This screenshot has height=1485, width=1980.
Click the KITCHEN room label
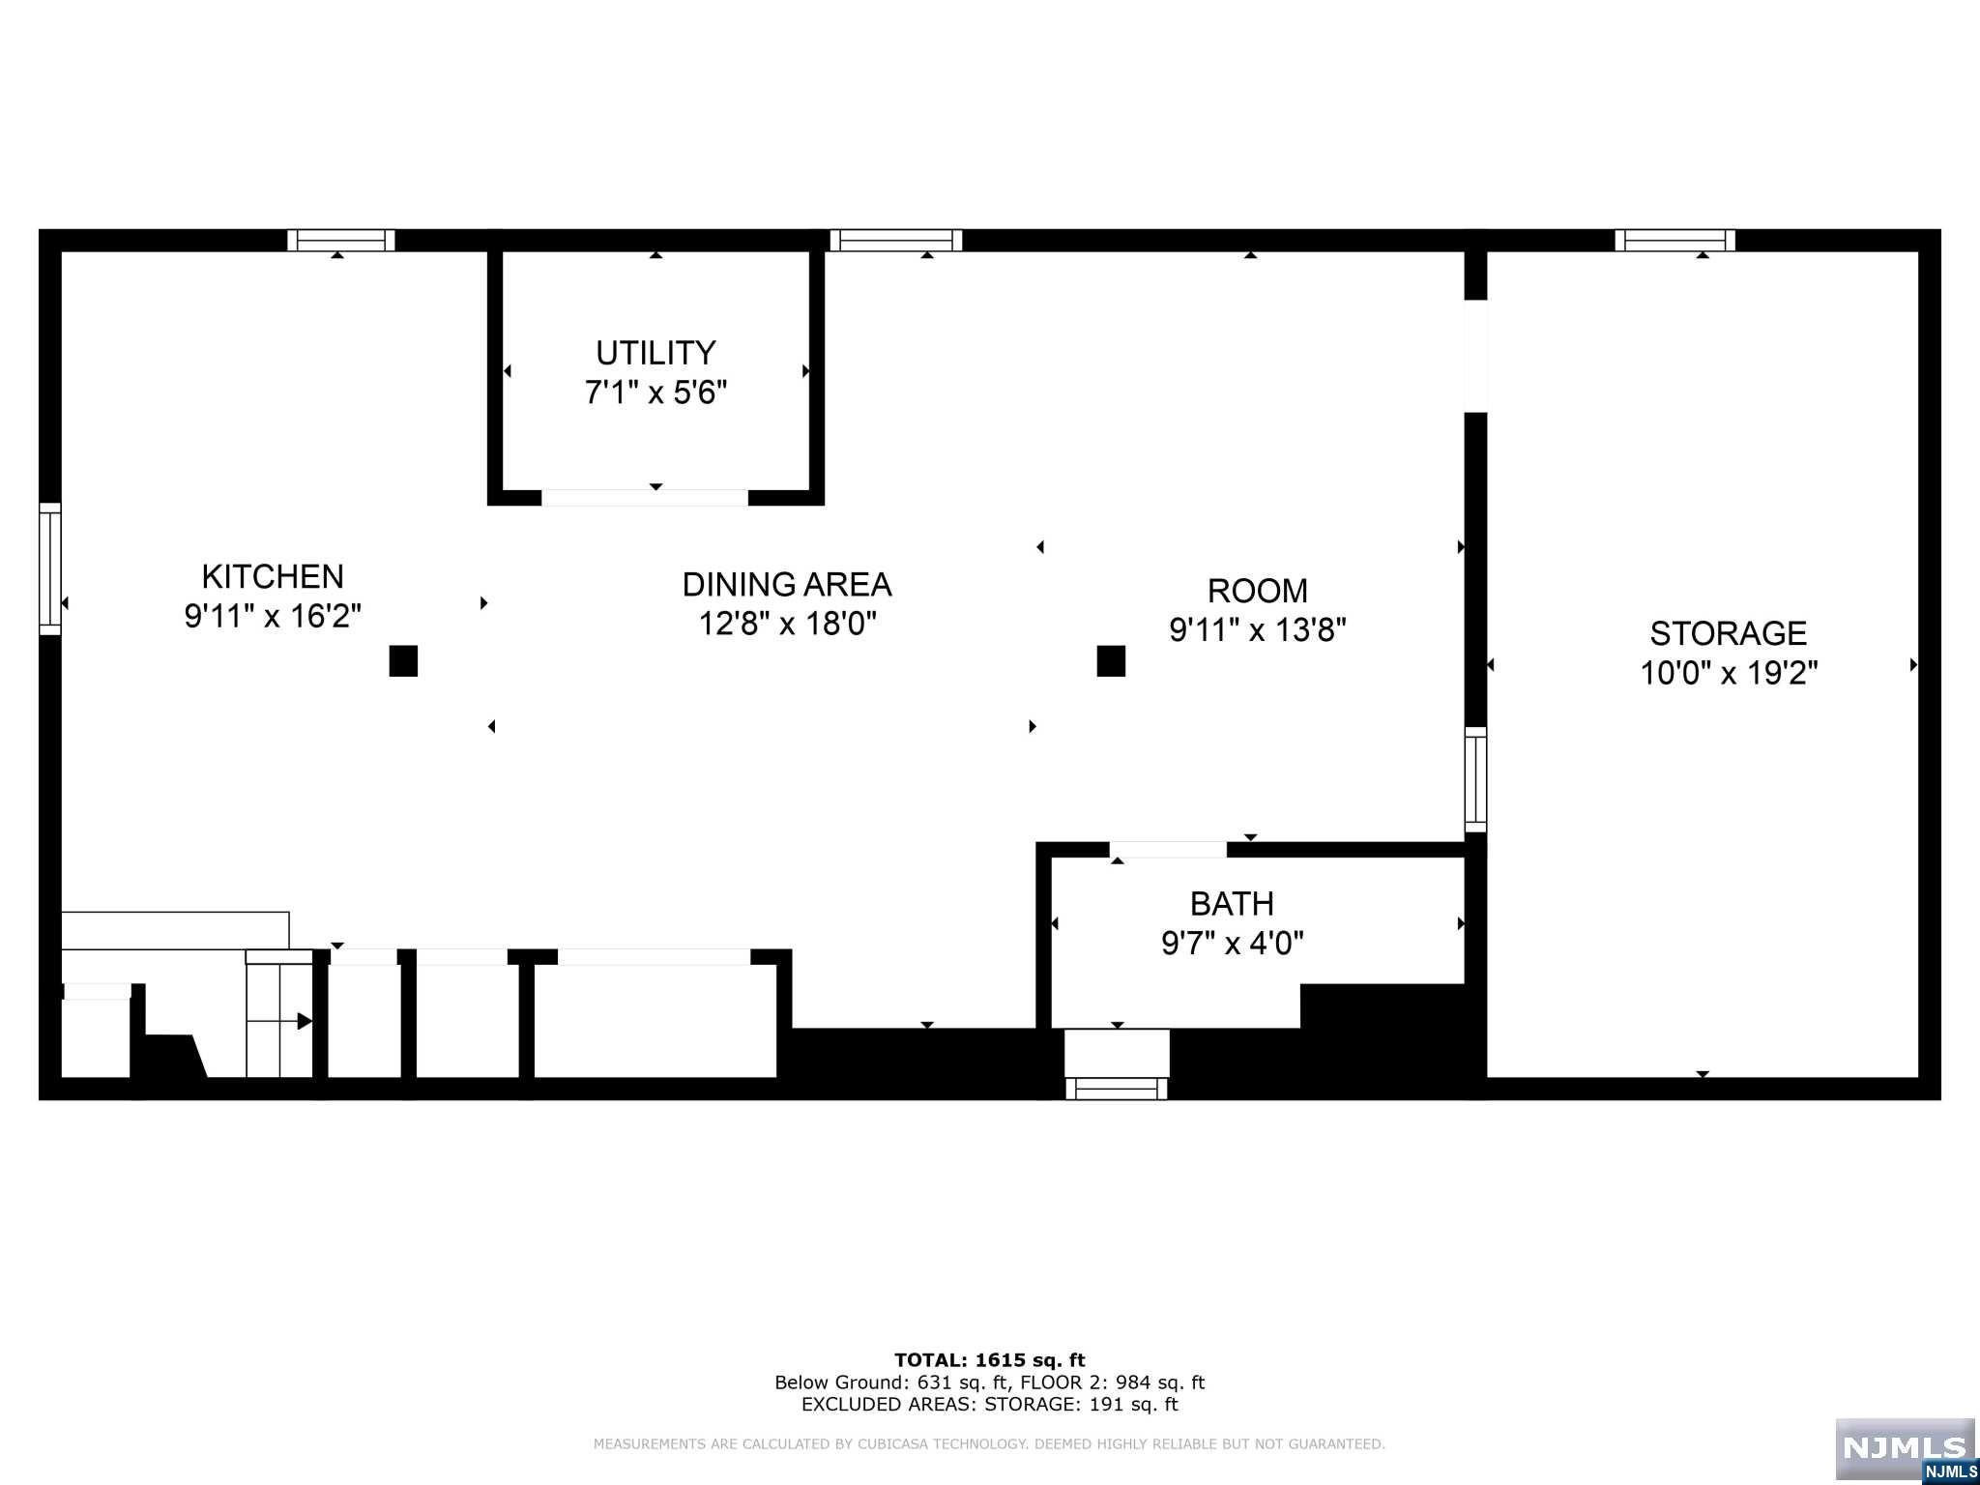click(x=273, y=576)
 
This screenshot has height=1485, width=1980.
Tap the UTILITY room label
click(x=655, y=353)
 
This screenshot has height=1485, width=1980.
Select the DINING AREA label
click(x=787, y=585)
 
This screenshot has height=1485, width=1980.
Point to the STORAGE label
click(x=1729, y=633)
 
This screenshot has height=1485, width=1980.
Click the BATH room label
click(x=1232, y=904)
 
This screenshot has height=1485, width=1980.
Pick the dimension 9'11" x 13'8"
click(x=1258, y=630)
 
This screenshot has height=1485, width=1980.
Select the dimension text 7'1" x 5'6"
click(x=655, y=393)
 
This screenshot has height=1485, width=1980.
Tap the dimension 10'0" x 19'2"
click(x=1729, y=673)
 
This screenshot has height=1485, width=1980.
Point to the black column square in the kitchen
click(x=403, y=661)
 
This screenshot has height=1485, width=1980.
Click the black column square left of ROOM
click(x=1111, y=661)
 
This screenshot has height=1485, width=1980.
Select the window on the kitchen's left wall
click(x=49, y=569)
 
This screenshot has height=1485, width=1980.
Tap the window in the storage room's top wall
click(x=1675, y=240)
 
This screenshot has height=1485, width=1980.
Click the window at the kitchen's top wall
click(x=341, y=240)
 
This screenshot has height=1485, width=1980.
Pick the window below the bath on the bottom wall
click(x=1117, y=1089)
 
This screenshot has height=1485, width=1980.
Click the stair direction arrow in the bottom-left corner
click(x=280, y=1021)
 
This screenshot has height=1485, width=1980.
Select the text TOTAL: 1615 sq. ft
click(x=990, y=1360)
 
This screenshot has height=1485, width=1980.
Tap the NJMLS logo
click(x=1905, y=1449)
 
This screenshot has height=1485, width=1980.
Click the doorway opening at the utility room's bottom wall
click(x=645, y=497)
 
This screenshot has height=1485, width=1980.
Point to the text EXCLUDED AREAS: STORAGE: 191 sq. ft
click(x=990, y=1405)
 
